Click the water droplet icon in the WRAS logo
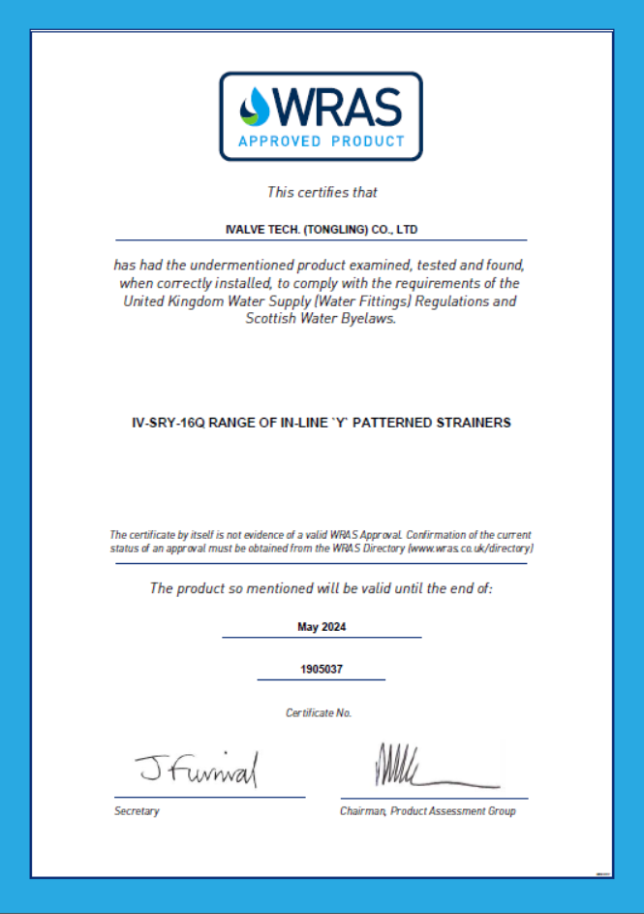coord(256,106)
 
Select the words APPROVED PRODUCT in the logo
coord(322,142)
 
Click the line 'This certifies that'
coord(322,192)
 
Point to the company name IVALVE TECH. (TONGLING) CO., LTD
coord(321,230)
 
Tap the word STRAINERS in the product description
coord(476,423)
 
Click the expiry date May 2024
coord(322,627)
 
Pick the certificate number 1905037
coord(322,669)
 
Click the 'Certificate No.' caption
coord(319,712)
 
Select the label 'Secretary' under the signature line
coord(137,811)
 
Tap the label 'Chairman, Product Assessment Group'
coord(427,811)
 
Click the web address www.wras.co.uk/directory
coord(471,549)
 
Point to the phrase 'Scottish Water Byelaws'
coord(321,318)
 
